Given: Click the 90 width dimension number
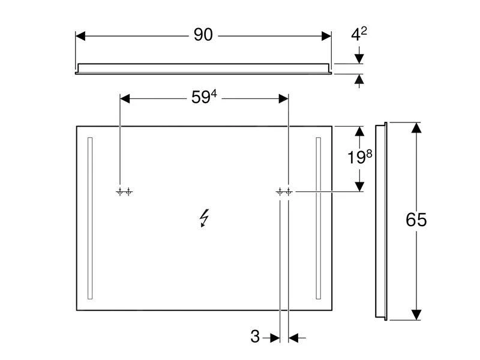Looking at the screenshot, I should coord(203,35).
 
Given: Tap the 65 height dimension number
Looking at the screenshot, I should coord(416,220).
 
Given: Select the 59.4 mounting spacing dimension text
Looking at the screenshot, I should coord(203,98).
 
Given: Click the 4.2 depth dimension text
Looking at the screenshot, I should coord(359,35).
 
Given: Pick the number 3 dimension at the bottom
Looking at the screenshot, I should coord(255,337).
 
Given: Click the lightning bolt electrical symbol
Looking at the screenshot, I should coord(205,219).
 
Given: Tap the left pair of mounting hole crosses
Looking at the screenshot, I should coord(124,192).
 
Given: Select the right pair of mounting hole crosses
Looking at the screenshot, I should coord(284,192).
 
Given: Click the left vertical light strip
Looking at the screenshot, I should coord(90,218).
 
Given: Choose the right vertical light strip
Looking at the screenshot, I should coord(318,218).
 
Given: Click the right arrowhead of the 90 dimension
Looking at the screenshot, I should coord(326,36).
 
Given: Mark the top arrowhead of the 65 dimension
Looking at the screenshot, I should coord(416,128).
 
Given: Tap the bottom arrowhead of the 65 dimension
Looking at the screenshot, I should coord(416,315).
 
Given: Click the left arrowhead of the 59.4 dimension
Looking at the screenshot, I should coord(126,98).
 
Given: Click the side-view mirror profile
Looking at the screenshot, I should coord(380,221).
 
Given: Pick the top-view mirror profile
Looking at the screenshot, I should coord(203,68).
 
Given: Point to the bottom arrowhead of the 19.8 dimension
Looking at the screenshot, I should coord(359,186).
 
